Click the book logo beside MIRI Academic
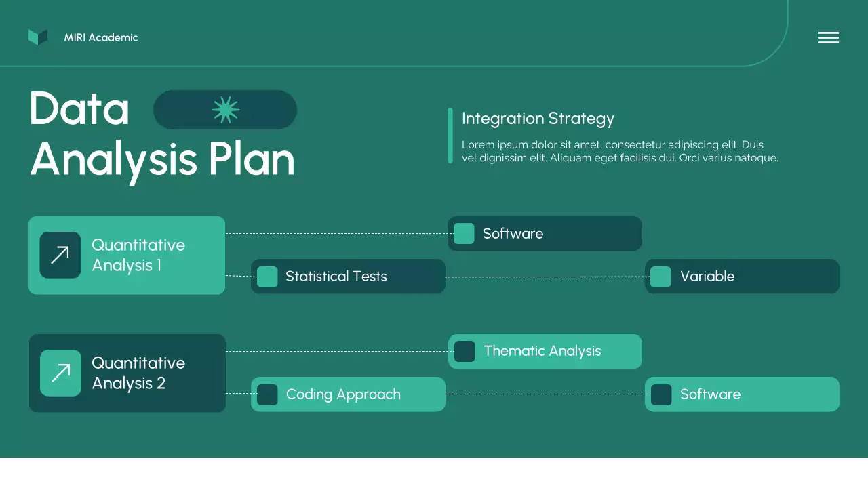coord(38,37)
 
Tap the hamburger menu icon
coord(829,37)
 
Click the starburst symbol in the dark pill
coord(226,110)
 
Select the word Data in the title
coord(79,108)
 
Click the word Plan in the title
coord(252,159)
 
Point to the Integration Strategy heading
coord(538,119)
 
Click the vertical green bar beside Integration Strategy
coord(450,136)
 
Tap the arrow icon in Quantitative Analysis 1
coord(60,255)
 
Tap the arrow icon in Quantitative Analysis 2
coord(60,373)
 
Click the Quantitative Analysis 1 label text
coord(138,256)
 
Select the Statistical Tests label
coord(336,276)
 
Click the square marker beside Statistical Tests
coord(267,277)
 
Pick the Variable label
coord(707,276)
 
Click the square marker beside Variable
coord(660,277)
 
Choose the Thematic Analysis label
coord(542,351)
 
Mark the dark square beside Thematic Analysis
coord(465,351)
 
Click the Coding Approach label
coord(343,394)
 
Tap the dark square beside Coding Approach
coord(267,394)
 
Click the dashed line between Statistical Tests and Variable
coord(547,277)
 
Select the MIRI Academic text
coord(101,37)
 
